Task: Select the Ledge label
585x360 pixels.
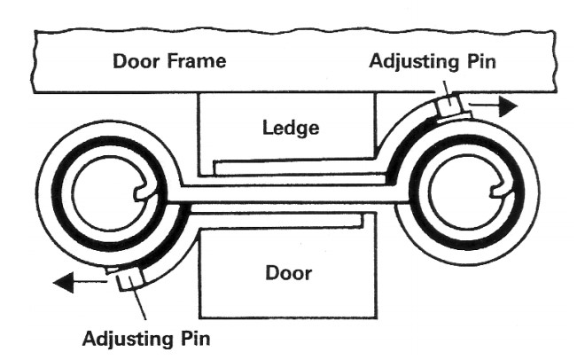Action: point(290,126)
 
